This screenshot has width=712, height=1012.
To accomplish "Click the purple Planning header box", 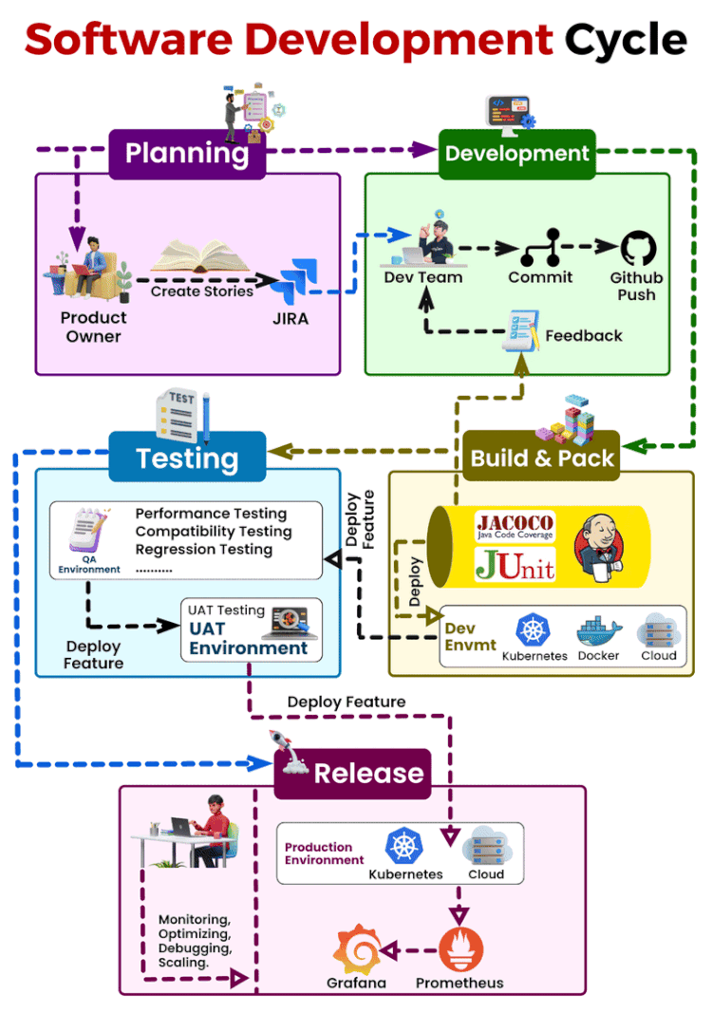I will point(187,154).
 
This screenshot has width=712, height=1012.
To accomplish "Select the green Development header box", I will point(516,154).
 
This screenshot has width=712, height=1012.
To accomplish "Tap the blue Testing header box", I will point(187,458).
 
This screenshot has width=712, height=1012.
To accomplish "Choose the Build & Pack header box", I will point(542,458).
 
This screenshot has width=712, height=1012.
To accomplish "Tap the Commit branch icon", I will point(540,248).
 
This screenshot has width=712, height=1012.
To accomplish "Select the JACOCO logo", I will point(515,526).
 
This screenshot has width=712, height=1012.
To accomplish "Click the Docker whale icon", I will point(598,631).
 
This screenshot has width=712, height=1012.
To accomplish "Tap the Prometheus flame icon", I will point(460,949).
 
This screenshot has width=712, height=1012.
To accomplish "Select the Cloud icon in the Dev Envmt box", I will point(658,630).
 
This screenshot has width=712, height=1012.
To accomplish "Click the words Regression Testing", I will point(203,550).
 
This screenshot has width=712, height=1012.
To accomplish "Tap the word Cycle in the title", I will point(626,40).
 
